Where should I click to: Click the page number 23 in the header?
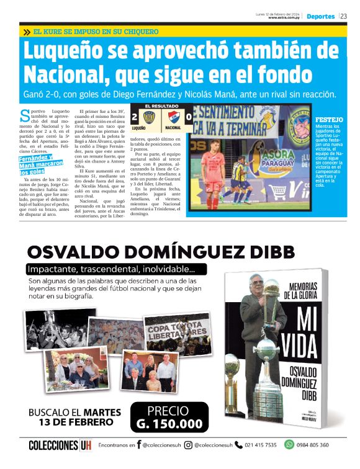[x=344, y=17]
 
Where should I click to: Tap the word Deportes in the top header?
[x=320, y=17]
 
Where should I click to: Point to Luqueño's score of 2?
[x=135, y=117]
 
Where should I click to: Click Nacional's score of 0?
[x=189, y=117]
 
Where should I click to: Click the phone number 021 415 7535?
[x=261, y=445]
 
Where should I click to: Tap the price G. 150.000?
[x=169, y=424]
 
